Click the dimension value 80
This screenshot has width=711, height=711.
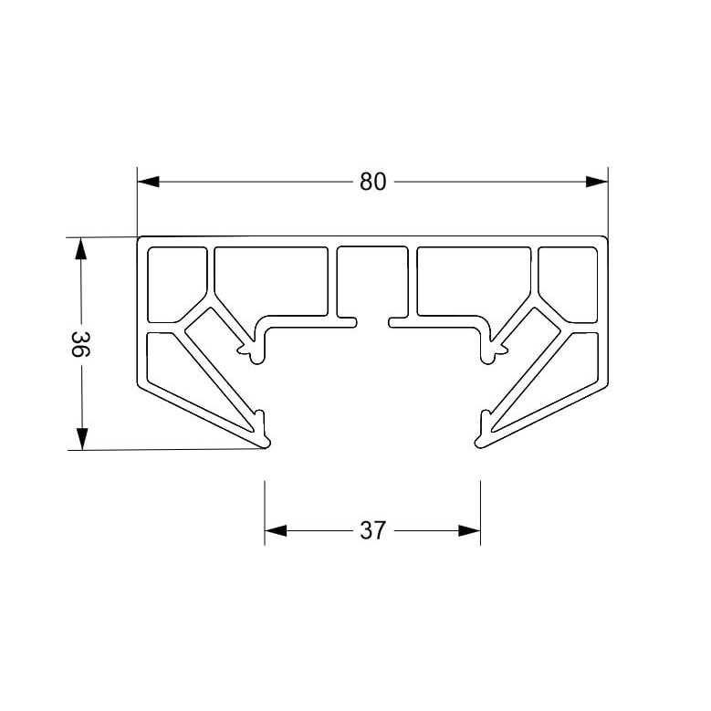pyautogui.click(x=372, y=182)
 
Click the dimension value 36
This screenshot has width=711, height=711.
pyautogui.click(x=81, y=344)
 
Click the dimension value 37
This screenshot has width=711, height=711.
pyautogui.click(x=372, y=530)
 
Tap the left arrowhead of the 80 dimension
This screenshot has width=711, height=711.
pyautogui.click(x=148, y=182)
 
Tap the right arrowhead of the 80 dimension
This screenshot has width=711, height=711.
pyautogui.click(x=597, y=182)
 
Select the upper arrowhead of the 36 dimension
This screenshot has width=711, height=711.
pyautogui.click(x=80, y=248)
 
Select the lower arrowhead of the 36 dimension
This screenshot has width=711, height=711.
pyautogui.click(x=81, y=439)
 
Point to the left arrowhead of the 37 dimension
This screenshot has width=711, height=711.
pyautogui.click(x=276, y=530)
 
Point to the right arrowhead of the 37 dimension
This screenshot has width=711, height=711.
pyautogui.click(x=469, y=530)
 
